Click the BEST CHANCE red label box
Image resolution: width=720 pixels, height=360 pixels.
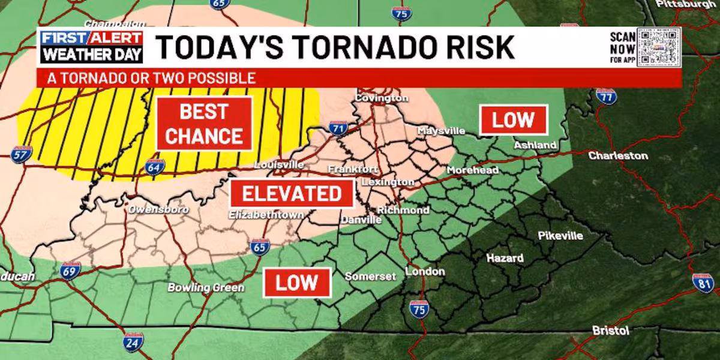click(x=204, y=124)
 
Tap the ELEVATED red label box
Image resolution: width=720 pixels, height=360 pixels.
click(x=292, y=194)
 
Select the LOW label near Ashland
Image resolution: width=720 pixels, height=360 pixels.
click(x=513, y=120)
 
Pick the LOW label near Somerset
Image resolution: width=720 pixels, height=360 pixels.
click(x=297, y=283)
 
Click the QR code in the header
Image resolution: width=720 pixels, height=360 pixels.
click(x=658, y=46)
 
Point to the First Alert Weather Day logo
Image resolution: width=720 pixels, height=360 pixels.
click(x=92, y=47)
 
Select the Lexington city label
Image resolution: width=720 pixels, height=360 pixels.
click(x=388, y=182)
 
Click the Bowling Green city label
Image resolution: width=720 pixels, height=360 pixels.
click(x=206, y=288)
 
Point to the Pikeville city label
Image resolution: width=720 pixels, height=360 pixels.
click(x=560, y=236)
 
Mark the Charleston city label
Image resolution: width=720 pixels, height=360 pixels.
click(x=617, y=155)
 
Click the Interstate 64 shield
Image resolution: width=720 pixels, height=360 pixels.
click(x=154, y=166)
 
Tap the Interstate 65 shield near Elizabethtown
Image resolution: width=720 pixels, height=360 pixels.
click(x=260, y=246)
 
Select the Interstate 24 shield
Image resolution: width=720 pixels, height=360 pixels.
click(x=133, y=341)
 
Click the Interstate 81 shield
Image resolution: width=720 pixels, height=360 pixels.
click(x=703, y=282)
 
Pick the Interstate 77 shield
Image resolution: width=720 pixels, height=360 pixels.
click(x=607, y=95)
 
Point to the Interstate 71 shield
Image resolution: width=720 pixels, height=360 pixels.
click(x=338, y=128)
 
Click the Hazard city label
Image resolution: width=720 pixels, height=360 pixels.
click(x=505, y=259)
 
